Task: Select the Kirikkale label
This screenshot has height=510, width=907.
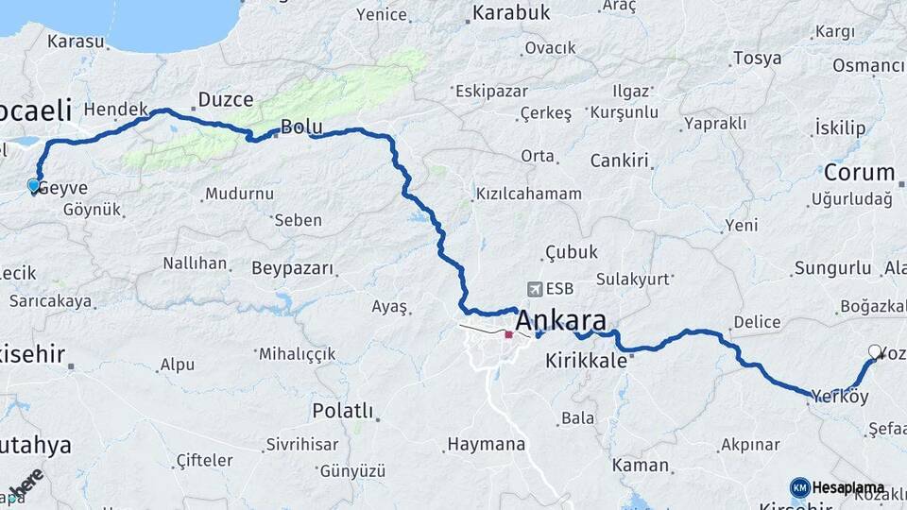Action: (x=586, y=361)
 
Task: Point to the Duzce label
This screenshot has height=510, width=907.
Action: (x=226, y=100)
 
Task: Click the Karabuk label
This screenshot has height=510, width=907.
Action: (x=510, y=13)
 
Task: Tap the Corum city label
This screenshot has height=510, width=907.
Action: (x=859, y=173)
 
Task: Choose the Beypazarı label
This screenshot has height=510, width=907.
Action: (x=293, y=268)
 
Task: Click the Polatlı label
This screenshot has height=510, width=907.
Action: (x=342, y=412)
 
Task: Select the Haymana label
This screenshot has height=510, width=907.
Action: (x=486, y=444)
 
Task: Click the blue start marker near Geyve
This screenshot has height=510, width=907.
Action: (x=34, y=186)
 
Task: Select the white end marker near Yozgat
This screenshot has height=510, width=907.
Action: (x=875, y=352)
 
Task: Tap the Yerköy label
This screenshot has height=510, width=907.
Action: (x=840, y=397)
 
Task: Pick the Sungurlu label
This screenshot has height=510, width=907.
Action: (x=831, y=269)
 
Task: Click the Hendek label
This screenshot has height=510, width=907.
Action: (x=116, y=110)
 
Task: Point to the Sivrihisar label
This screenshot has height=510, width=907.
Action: (x=301, y=443)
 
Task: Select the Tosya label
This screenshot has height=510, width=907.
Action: (x=757, y=59)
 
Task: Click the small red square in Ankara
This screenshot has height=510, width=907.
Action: (x=508, y=334)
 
